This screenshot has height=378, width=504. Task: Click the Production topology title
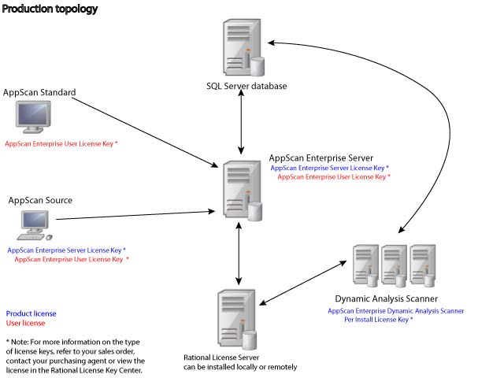point(50,9)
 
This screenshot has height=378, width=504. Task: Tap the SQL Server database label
point(240,86)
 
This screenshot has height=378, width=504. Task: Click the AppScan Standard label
point(39,93)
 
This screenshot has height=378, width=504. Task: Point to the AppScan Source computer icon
point(31,224)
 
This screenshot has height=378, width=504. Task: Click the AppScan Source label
point(40,200)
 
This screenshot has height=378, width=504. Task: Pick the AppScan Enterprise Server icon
point(240,190)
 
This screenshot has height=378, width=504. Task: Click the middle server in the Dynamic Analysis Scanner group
point(393,265)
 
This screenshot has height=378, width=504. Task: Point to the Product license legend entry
point(31,313)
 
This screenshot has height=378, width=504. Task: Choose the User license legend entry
point(25,323)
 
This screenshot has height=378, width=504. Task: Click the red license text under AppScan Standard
point(61,145)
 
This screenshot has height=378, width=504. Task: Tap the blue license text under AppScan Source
point(66,250)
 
